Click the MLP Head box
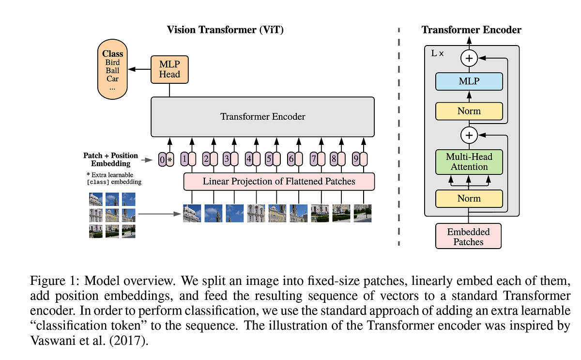click(x=169, y=69)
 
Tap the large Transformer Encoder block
click(x=262, y=117)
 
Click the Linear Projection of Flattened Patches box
click(x=279, y=182)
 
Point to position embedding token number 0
click(x=162, y=159)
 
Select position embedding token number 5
click(x=269, y=159)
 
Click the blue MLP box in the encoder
click(x=469, y=81)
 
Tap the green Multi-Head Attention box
click(x=469, y=162)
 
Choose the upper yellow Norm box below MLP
click(x=469, y=111)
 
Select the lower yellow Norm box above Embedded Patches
click(x=469, y=199)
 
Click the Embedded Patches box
click(x=468, y=236)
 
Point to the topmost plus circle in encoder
click(x=469, y=59)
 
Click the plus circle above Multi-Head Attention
click(x=469, y=136)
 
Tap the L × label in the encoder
click(x=438, y=53)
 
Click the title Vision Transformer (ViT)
click(x=225, y=30)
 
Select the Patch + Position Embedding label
click(x=111, y=159)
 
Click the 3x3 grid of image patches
click(x=112, y=215)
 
